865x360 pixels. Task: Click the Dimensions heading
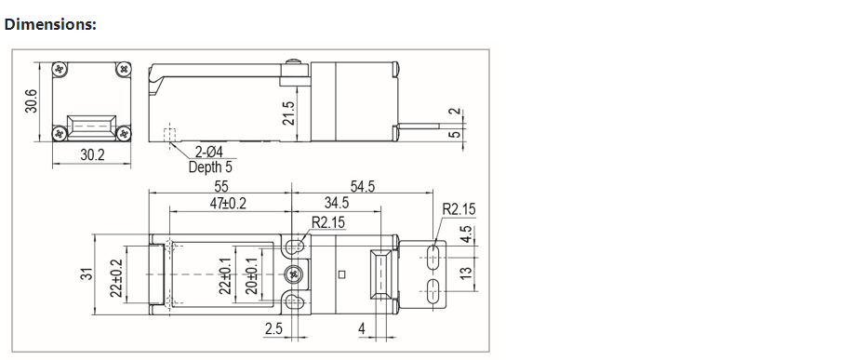50,24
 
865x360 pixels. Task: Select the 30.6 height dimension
32,101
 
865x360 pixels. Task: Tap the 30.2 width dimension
92,155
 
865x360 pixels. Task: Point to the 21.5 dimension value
288,113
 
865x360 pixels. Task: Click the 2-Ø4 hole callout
208,151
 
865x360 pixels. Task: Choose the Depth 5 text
210,167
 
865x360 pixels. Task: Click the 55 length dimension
220,186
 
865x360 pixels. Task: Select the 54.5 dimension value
362,186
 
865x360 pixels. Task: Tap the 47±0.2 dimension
228,203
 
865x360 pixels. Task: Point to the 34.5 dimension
336,203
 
